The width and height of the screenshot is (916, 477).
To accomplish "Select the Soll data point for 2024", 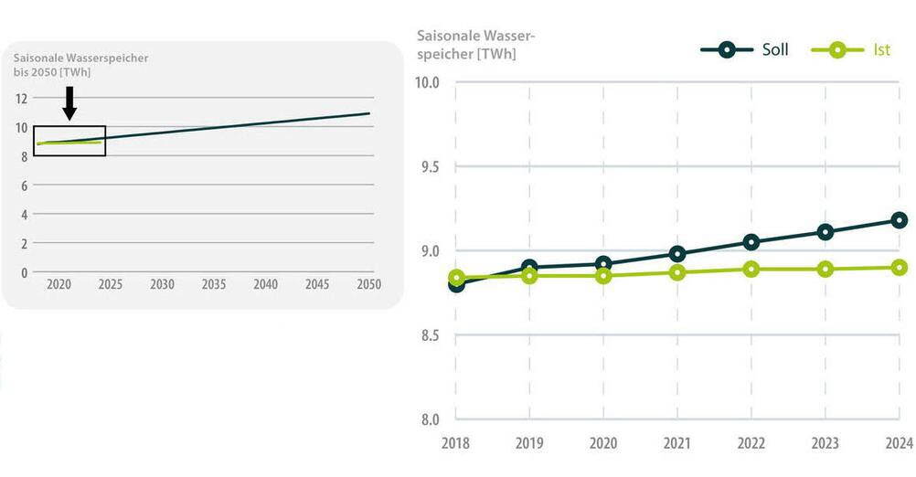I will click(899, 219).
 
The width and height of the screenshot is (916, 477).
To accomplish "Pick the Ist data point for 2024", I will click(899, 268).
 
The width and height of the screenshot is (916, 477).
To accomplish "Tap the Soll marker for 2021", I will click(677, 254).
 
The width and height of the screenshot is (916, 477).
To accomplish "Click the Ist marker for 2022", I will click(751, 269).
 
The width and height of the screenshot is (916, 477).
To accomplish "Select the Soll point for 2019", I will click(529, 268).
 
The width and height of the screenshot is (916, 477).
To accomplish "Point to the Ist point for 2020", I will click(603, 275).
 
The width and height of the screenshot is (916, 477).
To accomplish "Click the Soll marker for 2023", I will click(825, 232).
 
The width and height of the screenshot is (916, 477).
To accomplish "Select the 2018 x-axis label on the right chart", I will click(455, 443).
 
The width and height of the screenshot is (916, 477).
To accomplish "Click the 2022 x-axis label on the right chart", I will click(751, 443).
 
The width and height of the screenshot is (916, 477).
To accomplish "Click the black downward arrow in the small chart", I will click(69, 102).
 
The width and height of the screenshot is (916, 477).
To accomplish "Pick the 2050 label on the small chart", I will click(368, 285).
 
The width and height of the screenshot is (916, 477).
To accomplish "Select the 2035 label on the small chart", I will click(214, 285).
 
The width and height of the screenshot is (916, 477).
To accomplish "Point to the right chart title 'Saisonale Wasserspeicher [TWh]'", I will click(475, 46).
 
